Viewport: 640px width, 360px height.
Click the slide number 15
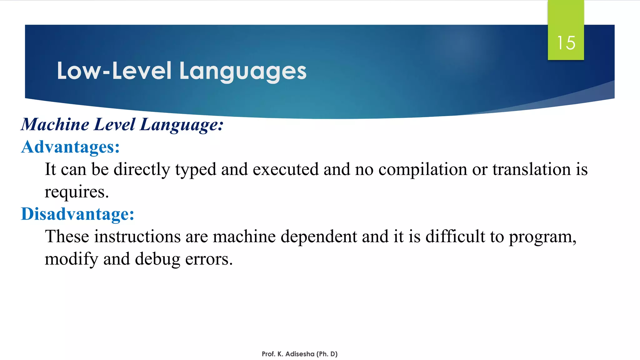coord(566,43)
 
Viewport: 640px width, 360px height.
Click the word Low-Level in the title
coord(114,71)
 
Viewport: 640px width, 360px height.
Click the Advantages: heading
coord(71,147)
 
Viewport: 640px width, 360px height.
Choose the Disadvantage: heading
coord(77,214)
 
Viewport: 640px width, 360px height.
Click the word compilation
coord(423,169)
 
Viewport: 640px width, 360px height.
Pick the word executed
coord(286,169)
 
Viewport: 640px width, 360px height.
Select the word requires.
coord(77,192)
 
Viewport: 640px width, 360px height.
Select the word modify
coord(71,259)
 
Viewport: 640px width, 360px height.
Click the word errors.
coord(209,259)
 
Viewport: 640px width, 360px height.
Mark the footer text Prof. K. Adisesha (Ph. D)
coord(300,354)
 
